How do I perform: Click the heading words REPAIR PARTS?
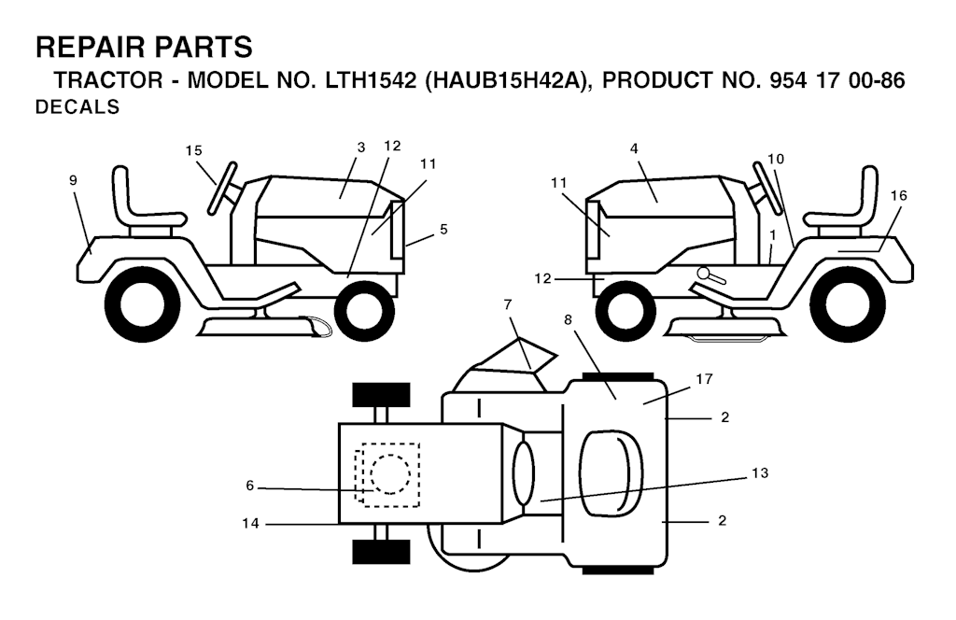(144, 47)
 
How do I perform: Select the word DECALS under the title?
(77, 106)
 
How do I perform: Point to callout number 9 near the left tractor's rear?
(73, 180)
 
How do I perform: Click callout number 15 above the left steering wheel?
(194, 150)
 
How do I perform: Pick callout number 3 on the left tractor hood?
(361, 148)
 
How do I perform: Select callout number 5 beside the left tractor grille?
(443, 229)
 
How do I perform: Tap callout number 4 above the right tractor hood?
(634, 148)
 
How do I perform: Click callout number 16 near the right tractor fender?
(898, 196)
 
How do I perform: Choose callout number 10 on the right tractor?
(776, 159)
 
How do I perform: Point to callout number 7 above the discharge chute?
(509, 303)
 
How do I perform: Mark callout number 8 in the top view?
(568, 319)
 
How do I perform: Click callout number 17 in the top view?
(704, 379)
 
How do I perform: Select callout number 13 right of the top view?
(760, 473)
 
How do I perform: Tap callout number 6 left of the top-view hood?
(249, 486)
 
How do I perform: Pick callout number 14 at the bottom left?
(250, 523)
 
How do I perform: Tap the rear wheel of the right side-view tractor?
(848, 304)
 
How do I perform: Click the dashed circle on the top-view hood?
(390, 474)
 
